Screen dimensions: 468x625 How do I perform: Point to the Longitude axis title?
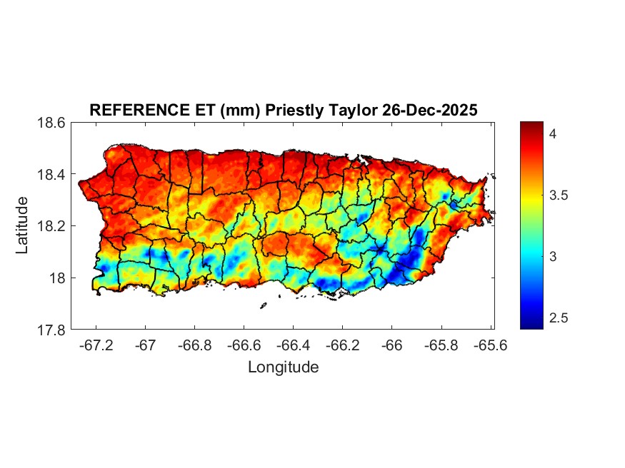(283, 367)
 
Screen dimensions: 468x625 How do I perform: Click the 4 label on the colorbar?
(553, 133)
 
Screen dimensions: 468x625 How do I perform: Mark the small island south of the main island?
(263, 306)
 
